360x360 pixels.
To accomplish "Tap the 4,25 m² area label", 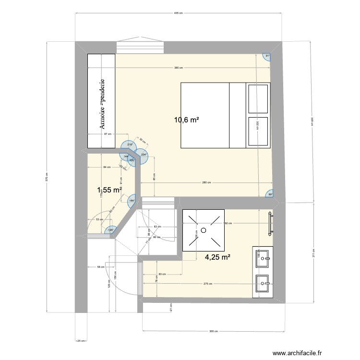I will click(x=218, y=257).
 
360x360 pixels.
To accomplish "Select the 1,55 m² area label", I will click(x=109, y=190).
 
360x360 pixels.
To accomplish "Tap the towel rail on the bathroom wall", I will click(x=271, y=223).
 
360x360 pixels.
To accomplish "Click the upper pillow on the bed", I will click(x=258, y=99).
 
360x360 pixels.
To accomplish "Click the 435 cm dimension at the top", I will click(x=178, y=13).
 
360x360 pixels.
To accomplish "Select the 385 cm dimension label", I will click(x=178, y=68).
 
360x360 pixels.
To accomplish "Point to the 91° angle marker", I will click(x=267, y=56).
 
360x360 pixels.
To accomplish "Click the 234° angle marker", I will click(x=144, y=155).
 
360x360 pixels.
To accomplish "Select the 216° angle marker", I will click(x=129, y=145).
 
